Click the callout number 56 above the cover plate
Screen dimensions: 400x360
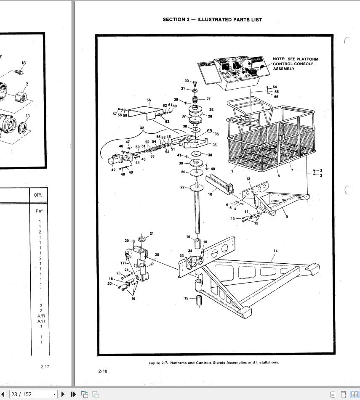point(149,101)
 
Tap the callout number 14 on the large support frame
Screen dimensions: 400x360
point(275,251)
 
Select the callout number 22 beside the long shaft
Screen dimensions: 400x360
point(182,187)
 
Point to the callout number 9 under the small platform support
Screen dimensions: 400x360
point(287,217)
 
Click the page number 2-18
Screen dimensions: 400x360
point(103,371)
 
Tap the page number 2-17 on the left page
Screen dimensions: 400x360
point(45,366)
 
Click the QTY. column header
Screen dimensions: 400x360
point(39,196)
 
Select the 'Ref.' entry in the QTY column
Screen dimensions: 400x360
point(39,211)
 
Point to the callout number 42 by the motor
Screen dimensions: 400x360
point(113,170)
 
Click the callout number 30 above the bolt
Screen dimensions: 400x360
point(187,81)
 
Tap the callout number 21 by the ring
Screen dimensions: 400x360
point(152,233)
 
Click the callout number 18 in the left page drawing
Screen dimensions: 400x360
point(24,63)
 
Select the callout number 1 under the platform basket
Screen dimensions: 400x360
point(232,171)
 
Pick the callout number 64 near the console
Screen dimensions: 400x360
point(275,87)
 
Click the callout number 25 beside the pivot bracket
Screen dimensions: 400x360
point(157,254)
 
